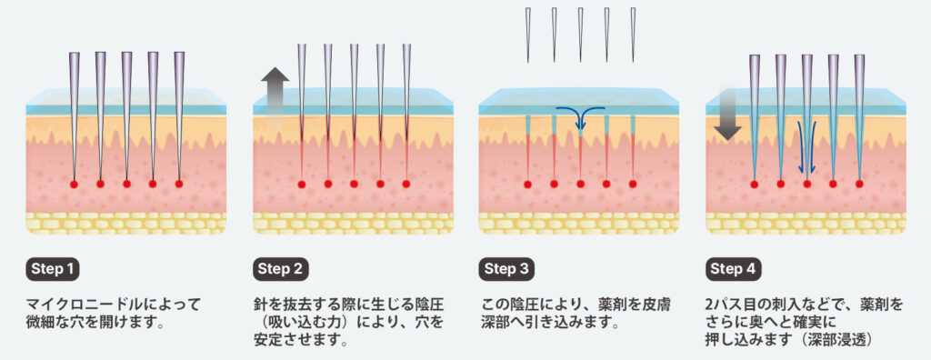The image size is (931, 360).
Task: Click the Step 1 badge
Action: [x=53, y=269]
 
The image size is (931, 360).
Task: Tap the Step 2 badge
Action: [x=280, y=269]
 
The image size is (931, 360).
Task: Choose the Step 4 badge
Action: [x=734, y=269]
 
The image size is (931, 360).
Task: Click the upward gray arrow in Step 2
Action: [x=275, y=95]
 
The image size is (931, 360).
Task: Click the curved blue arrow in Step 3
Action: [x=580, y=114]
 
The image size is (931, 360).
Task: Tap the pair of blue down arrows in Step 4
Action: [x=806, y=146]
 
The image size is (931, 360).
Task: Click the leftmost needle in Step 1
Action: [x=75, y=115]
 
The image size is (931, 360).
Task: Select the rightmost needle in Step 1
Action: [x=179, y=115]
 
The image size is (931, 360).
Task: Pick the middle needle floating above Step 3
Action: [x=580, y=35]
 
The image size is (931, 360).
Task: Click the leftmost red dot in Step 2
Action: [x=302, y=185]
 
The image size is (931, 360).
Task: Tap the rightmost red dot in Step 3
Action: [x=633, y=185]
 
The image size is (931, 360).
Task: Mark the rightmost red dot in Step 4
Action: [x=859, y=185]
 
